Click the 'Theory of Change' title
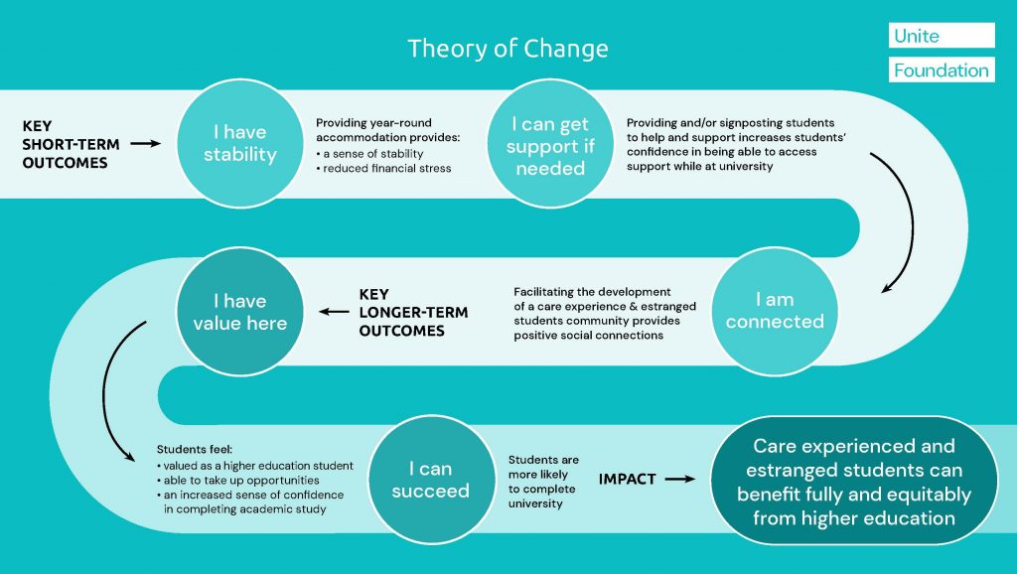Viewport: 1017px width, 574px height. click(x=508, y=48)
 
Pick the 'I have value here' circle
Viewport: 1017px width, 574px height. click(x=239, y=311)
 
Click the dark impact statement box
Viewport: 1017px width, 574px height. click(x=854, y=482)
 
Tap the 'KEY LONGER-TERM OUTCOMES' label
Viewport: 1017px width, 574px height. click(x=413, y=312)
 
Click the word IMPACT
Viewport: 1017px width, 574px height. click(x=627, y=479)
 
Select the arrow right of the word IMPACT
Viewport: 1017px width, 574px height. click(x=680, y=479)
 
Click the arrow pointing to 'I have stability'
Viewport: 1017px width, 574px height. click(x=146, y=144)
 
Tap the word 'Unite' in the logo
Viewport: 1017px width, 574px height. click(x=917, y=36)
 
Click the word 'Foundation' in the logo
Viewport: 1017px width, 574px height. click(x=941, y=71)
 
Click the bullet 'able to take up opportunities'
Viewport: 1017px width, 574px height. click(x=237, y=480)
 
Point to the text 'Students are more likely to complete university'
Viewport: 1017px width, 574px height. click(x=541, y=481)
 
